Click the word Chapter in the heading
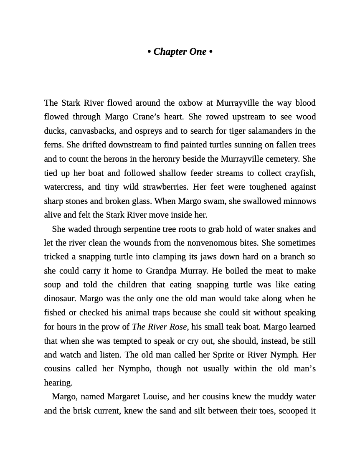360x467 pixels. click(x=170, y=52)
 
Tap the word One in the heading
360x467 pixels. click(x=198, y=52)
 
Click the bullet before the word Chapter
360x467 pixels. click(x=149, y=52)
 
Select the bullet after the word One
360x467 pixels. click(x=211, y=52)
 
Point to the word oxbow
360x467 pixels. click(x=190, y=103)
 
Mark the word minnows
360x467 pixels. click(x=299, y=201)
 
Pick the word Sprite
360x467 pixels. click(x=223, y=355)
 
